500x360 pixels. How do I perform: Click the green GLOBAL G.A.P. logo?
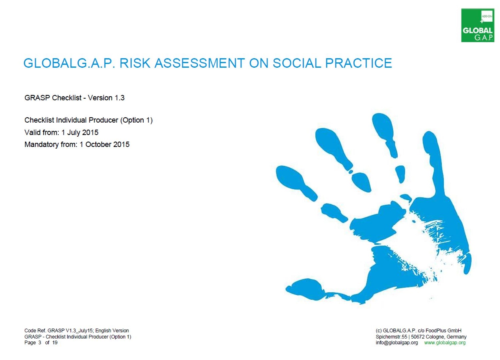click(x=478, y=25)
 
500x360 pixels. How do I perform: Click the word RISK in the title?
click(x=135, y=63)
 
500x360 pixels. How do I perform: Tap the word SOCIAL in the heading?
click(x=297, y=63)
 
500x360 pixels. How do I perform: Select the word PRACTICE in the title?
click(x=358, y=63)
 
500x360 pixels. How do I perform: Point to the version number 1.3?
click(x=119, y=98)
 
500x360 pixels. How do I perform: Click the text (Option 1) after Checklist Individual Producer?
click(x=136, y=120)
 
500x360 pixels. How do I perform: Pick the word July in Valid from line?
click(x=73, y=133)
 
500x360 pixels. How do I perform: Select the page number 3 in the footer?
click(x=40, y=343)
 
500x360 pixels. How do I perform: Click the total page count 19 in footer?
click(x=55, y=343)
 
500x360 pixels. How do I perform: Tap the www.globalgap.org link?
click(x=445, y=343)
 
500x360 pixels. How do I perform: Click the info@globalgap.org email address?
click(x=397, y=343)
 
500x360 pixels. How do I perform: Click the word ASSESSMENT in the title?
click(x=200, y=63)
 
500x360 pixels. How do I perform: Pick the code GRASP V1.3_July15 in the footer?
click(x=71, y=331)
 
